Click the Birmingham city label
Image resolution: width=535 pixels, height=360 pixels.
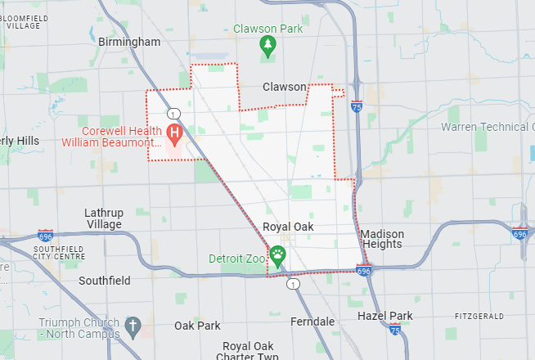pos(128,42)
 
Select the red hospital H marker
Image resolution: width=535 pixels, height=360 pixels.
pos(174,132)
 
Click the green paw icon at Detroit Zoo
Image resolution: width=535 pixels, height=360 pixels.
pos(278,256)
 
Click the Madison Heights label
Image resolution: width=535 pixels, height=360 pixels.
pos(381,239)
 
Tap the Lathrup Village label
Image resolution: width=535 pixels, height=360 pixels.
pos(103,218)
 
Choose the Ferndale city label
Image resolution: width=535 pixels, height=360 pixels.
pos(312,322)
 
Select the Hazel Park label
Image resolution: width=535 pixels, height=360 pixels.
pos(385,316)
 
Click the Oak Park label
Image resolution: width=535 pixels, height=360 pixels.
pos(197,326)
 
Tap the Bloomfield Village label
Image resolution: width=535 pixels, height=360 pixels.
pos(23,20)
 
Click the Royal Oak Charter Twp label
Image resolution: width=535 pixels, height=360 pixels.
pos(248,351)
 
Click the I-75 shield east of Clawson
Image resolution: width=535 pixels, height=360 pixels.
pos(356,106)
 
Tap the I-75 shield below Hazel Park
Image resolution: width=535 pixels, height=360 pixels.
pos(395,329)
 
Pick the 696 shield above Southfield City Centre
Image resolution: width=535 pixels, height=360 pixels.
pos(45,235)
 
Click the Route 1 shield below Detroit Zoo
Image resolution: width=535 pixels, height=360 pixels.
pos(292,284)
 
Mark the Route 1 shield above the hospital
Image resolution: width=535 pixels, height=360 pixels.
pos(173,113)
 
